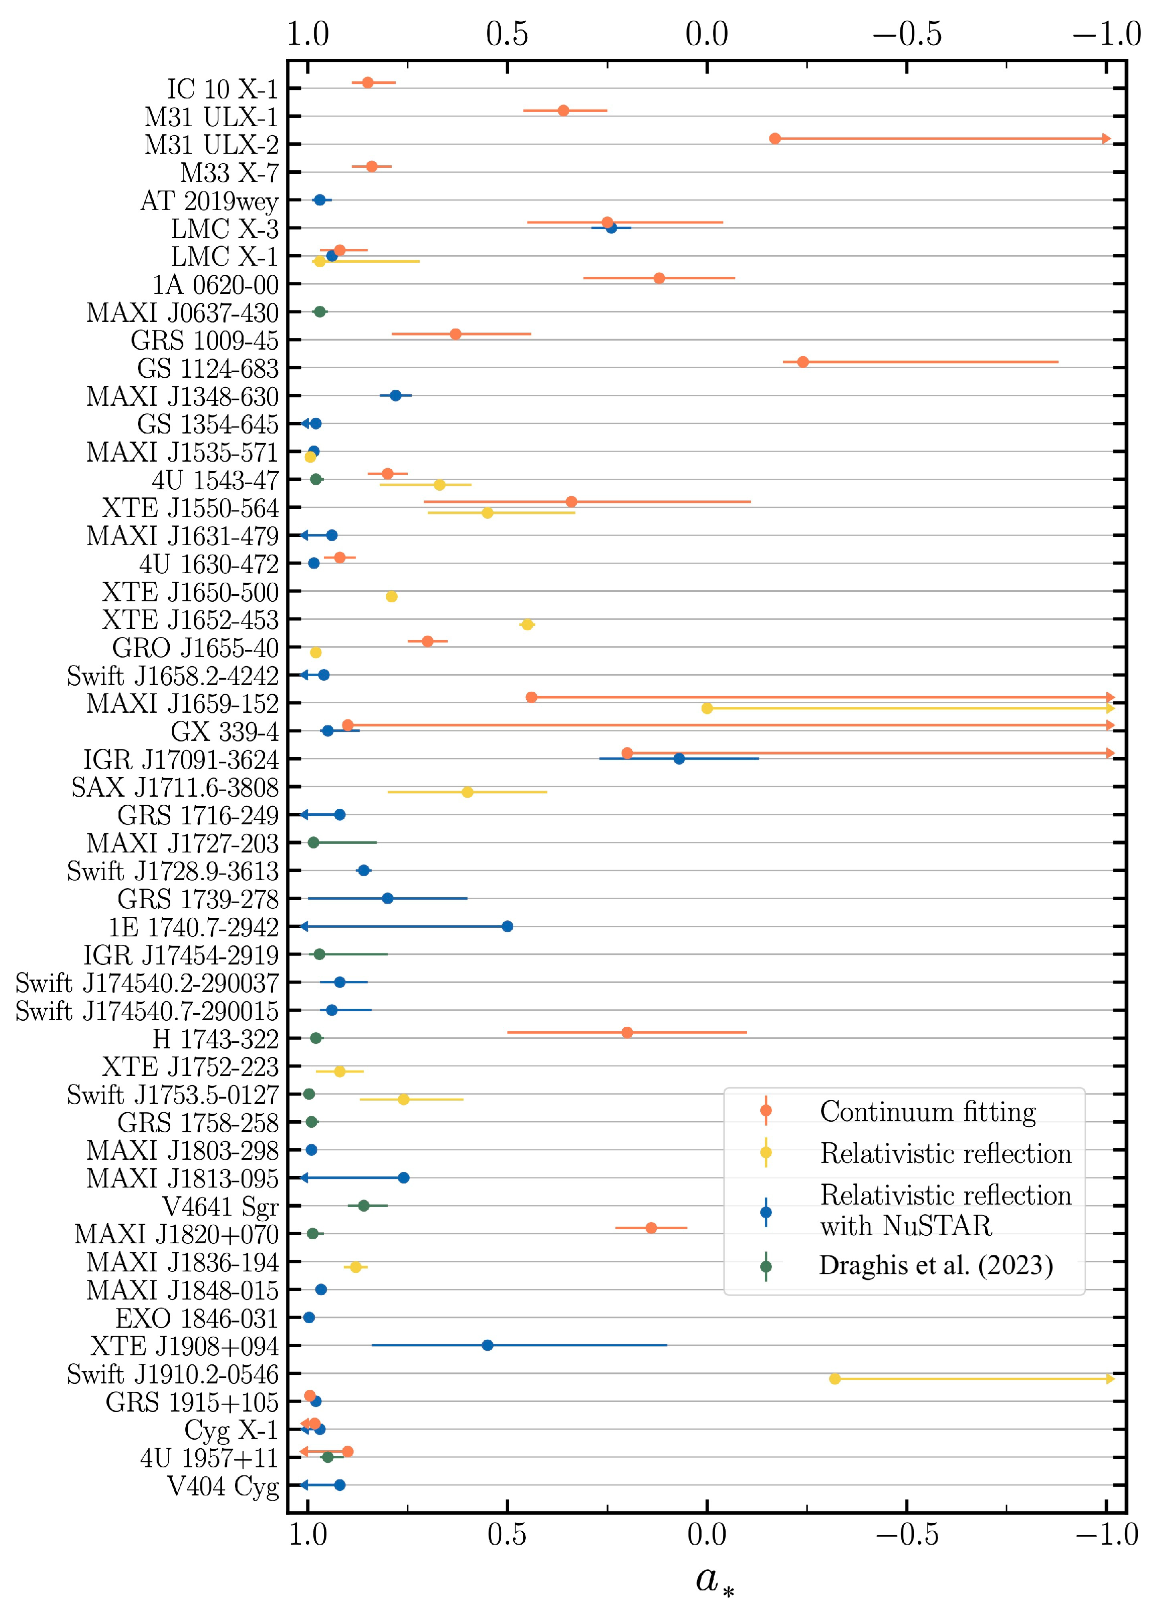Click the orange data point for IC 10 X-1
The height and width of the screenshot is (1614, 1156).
tap(368, 82)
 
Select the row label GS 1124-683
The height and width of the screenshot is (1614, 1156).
tap(208, 369)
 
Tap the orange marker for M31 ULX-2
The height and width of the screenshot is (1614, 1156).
tap(775, 138)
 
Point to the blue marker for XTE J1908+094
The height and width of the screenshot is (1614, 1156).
tap(487, 1345)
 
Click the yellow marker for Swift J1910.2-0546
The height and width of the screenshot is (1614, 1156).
tap(835, 1378)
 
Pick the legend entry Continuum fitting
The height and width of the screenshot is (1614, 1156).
tap(927, 1111)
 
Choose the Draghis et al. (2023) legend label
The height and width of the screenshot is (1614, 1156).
tap(936, 1264)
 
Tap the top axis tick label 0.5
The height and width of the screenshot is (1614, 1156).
tap(507, 34)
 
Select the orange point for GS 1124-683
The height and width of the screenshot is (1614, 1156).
tap(802, 362)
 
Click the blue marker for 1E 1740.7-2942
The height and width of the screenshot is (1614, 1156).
tap(507, 926)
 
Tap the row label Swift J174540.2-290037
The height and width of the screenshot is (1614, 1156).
tap(147, 983)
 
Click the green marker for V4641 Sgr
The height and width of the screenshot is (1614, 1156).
tap(364, 1206)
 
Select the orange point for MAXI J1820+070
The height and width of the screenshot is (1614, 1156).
tap(651, 1228)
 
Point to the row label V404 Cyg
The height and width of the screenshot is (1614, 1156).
tap(222, 1486)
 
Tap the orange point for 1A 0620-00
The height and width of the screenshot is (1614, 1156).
tap(659, 277)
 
